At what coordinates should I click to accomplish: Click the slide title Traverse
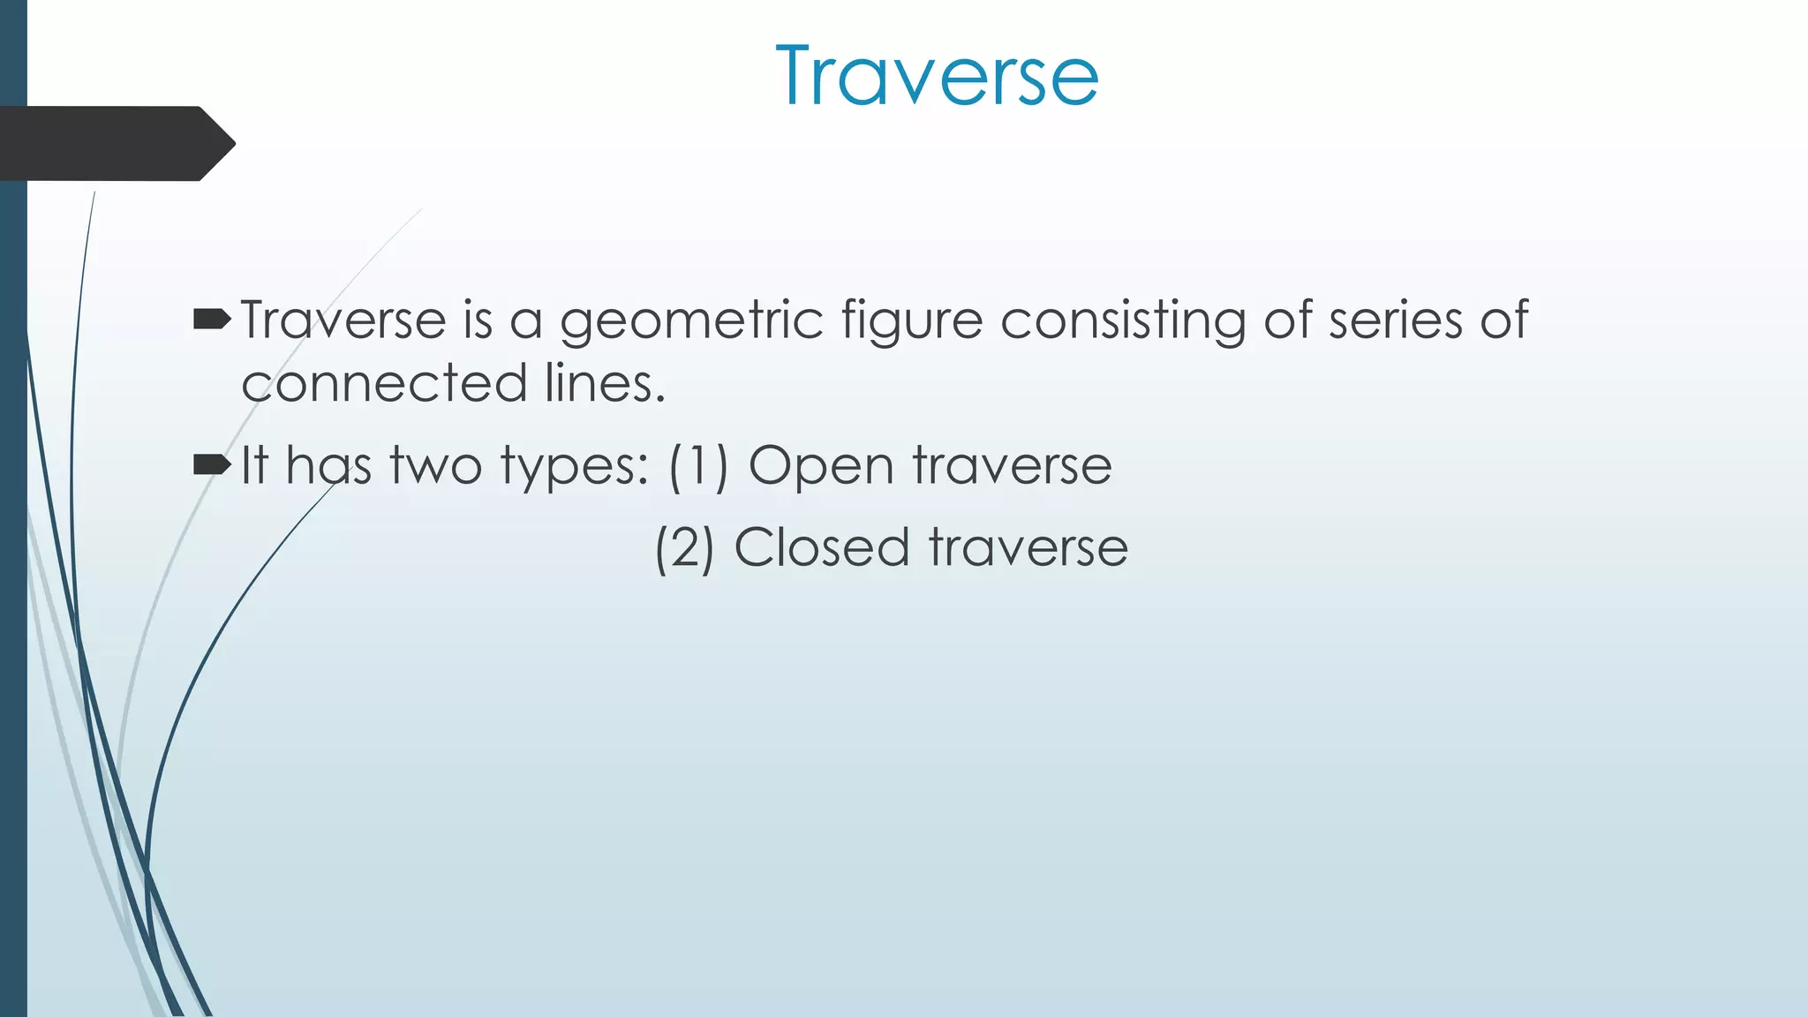click(937, 78)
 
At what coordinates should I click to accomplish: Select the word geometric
click(691, 320)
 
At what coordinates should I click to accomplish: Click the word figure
click(911, 320)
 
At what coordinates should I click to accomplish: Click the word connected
click(384, 384)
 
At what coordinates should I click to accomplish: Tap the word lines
click(605, 384)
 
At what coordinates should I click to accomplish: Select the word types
click(575, 467)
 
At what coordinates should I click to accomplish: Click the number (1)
click(698, 466)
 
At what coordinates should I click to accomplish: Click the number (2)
click(684, 548)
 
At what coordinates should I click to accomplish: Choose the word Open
click(821, 467)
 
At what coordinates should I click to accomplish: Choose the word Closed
click(821, 547)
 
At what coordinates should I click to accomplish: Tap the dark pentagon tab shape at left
click(115, 143)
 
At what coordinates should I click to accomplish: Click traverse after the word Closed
click(1028, 548)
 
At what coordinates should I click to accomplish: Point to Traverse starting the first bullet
click(343, 320)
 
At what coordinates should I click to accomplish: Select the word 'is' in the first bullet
click(478, 320)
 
